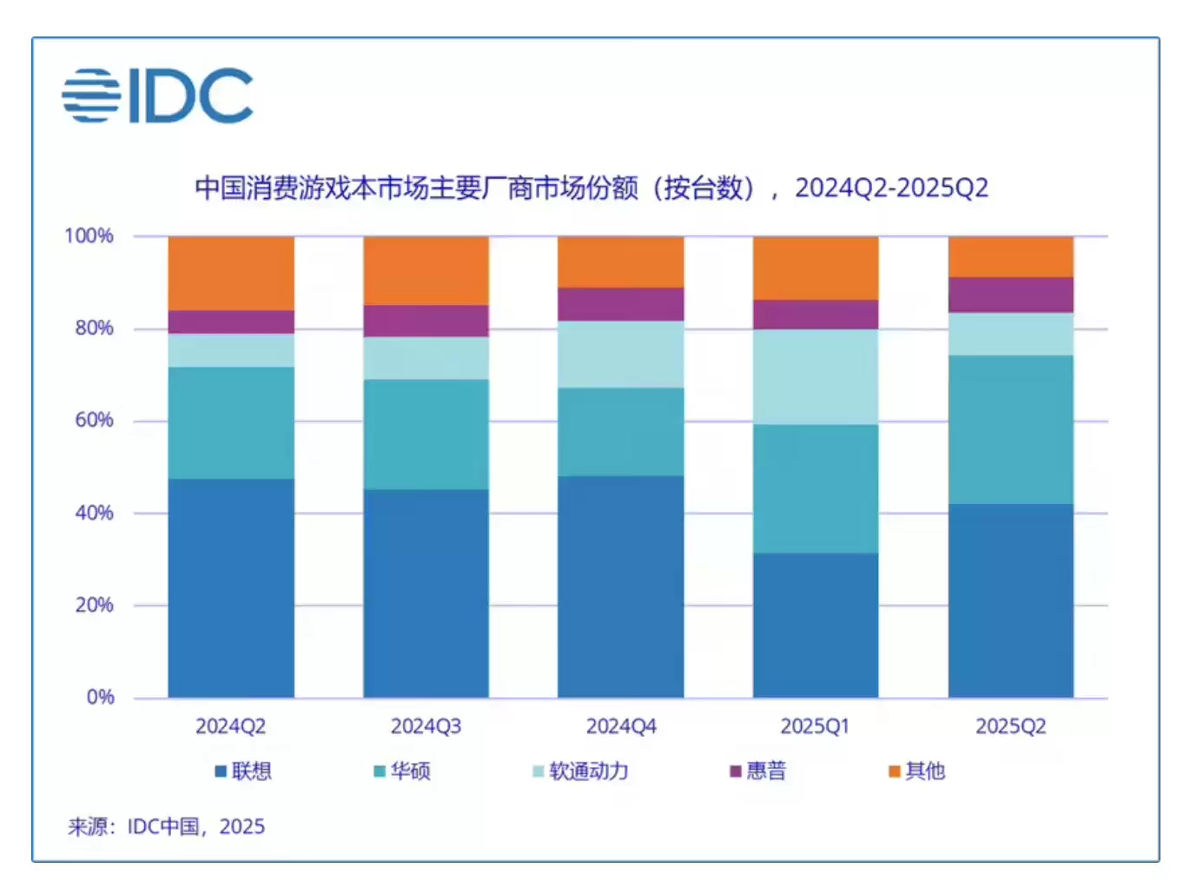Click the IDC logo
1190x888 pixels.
coord(157,96)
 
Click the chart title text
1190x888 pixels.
coord(592,188)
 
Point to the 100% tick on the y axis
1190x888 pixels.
coord(89,235)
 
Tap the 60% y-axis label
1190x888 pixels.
coord(94,421)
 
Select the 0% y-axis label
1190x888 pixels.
coord(101,697)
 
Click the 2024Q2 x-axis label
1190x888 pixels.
coord(230,726)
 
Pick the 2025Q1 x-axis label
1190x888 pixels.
coord(815,726)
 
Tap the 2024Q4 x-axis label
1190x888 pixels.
coord(621,726)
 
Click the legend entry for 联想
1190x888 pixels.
coord(243,771)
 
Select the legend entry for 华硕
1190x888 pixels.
coord(402,771)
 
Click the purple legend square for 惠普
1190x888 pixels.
coord(736,772)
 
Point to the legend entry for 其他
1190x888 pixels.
coord(916,771)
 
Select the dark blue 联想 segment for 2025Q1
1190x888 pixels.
coord(816,625)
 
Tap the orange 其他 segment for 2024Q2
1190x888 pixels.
coord(231,273)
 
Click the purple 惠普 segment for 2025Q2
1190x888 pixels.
coord(1011,295)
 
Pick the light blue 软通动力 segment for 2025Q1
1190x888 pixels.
coord(816,376)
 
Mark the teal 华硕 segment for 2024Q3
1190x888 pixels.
coord(426,434)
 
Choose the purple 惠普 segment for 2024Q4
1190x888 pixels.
coord(621,304)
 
